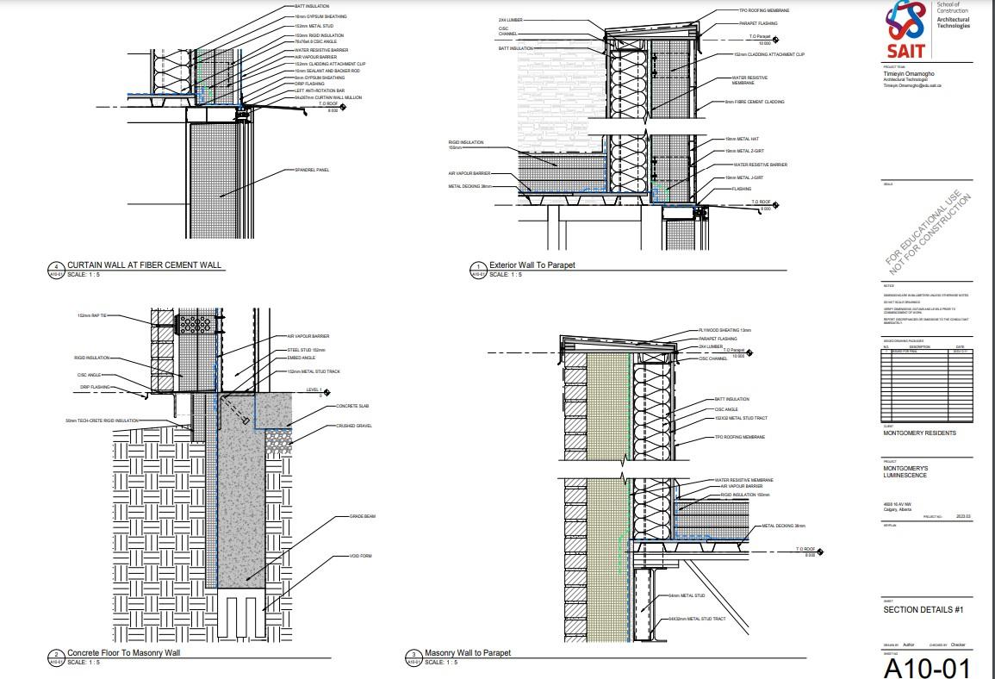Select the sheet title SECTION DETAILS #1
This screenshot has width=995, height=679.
pyautogui.click(x=922, y=610)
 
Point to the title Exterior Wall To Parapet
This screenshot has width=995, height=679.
pyautogui.click(x=532, y=265)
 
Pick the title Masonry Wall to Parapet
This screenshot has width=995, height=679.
pyautogui.click(x=469, y=653)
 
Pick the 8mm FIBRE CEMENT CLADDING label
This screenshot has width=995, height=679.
pyautogui.click(x=753, y=103)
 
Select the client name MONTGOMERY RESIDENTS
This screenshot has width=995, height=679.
pyautogui.click(x=919, y=433)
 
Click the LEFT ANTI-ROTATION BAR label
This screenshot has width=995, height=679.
pyautogui.click(x=315, y=90)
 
